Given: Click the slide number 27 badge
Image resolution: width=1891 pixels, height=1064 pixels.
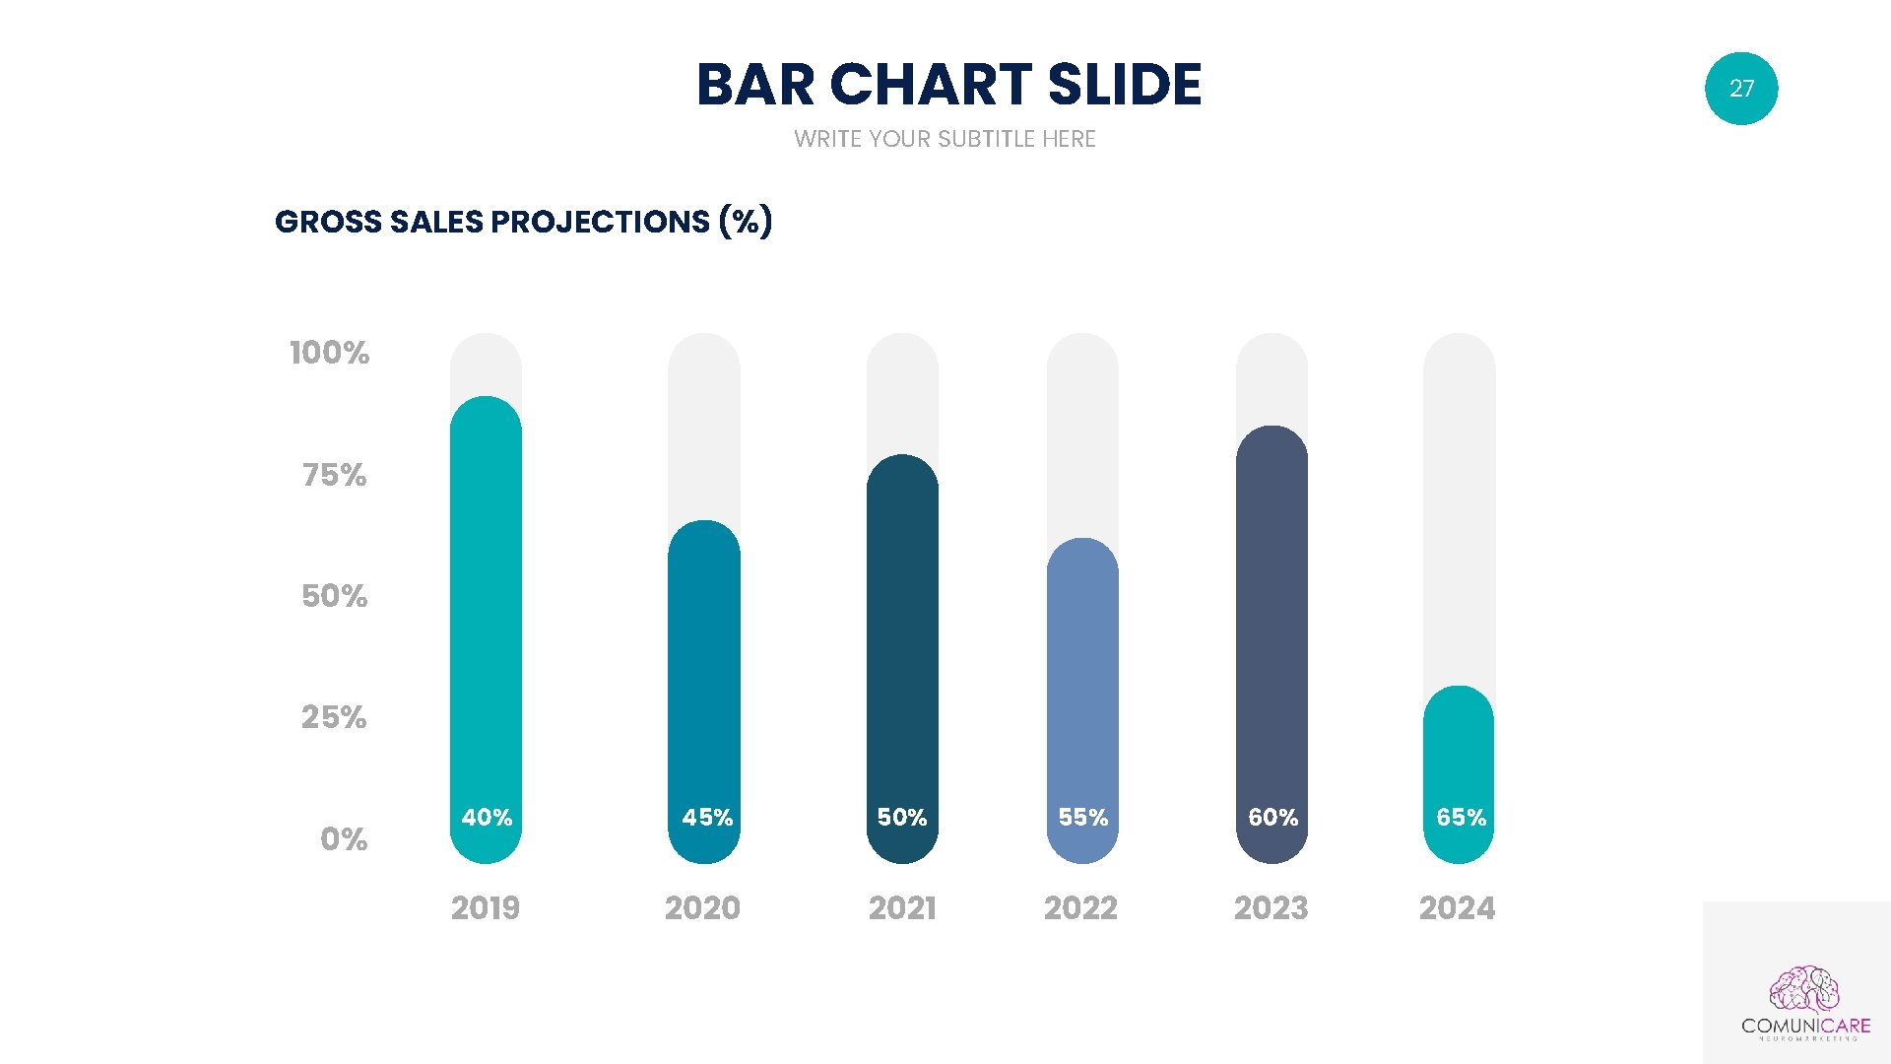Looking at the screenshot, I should pyautogui.click(x=1740, y=89).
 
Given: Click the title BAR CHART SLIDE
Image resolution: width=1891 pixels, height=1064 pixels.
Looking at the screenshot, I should pyautogui.click(x=948, y=85).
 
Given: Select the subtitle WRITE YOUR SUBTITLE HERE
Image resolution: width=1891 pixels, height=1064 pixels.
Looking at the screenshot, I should pyautogui.click(x=945, y=139).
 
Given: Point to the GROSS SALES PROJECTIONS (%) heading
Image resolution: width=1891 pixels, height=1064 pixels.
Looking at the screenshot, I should pyautogui.click(x=523, y=222).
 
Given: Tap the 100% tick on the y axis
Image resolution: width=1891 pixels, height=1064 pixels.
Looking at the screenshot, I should pyautogui.click(x=330, y=353).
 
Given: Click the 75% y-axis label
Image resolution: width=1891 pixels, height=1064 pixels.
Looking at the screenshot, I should pyautogui.click(x=335, y=475).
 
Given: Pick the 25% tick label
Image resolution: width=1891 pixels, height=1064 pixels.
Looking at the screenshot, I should pyautogui.click(x=334, y=717).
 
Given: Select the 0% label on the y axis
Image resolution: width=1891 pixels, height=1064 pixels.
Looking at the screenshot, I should pyautogui.click(x=344, y=839).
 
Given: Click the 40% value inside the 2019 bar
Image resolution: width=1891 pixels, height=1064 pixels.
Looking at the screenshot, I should pyautogui.click(x=487, y=818).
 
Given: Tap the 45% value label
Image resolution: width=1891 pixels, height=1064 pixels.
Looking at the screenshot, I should pyautogui.click(x=707, y=818).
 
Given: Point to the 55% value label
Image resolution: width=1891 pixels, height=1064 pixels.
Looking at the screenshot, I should pyautogui.click(x=1083, y=818).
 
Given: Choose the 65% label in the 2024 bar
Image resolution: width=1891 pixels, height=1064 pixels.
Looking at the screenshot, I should pyautogui.click(x=1461, y=818).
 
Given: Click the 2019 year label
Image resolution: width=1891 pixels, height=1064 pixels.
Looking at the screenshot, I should pyautogui.click(x=486, y=907).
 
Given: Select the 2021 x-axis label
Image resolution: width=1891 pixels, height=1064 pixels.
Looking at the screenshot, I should pyautogui.click(x=902, y=907).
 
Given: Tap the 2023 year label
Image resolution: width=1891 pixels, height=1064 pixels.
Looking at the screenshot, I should pyautogui.click(x=1271, y=907).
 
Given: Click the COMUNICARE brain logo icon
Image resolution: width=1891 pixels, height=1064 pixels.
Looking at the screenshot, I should pyautogui.click(x=1804, y=989).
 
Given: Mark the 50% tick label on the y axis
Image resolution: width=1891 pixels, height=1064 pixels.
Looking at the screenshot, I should pyautogui.click(x=335, y=596).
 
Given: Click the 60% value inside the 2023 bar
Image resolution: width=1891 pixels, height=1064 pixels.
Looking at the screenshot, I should pyautogui.click(x=1272, y=818).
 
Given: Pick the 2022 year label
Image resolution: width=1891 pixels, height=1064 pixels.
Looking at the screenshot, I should pyautogui.click(x=1080, y=907).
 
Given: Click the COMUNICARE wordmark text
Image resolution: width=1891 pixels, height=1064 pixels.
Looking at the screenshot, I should pyautogui.click(x=1805, y=1026).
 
